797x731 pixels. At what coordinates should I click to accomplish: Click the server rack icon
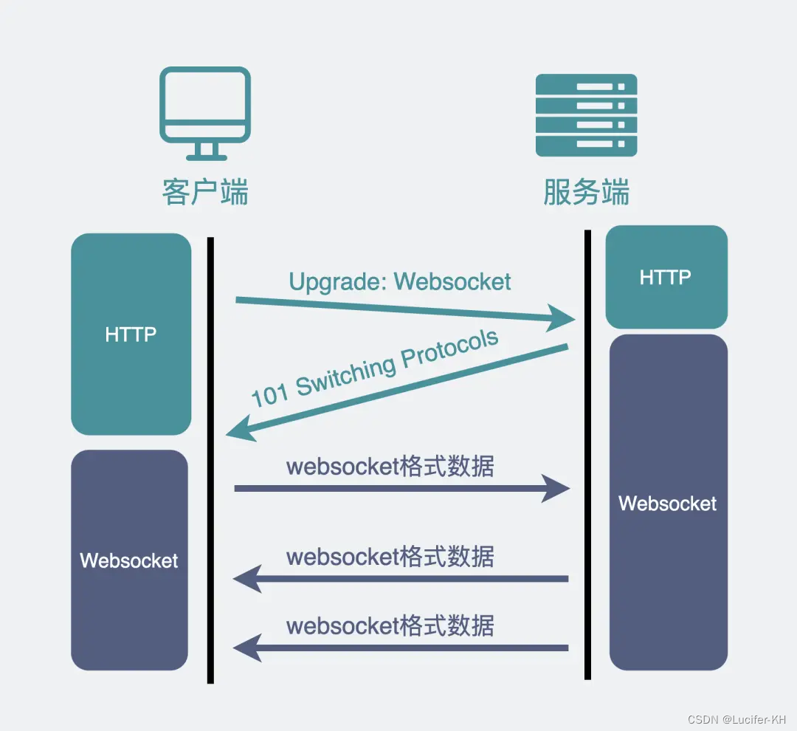(586, 114)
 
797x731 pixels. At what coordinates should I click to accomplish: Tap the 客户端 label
(205, 192)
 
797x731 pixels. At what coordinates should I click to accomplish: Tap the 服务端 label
(586, 192)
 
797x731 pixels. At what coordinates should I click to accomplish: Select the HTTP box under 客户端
(131, 334)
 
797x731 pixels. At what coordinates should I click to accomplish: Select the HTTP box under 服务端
(666, 278)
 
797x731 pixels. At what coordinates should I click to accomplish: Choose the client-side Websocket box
(129, 560)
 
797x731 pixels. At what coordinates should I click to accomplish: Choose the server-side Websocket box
(668, 503)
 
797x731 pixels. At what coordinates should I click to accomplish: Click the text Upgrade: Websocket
(399, 281)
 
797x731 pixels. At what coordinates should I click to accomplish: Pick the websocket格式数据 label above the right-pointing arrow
(390, 467)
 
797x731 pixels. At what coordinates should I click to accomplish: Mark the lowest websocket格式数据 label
(390, 625)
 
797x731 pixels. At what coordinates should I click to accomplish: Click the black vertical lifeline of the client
(210, 458)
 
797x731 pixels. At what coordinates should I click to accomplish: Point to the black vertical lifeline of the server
(587, 454)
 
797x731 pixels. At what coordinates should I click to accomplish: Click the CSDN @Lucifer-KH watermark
(736, 718)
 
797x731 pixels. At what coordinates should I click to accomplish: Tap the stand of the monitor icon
(206, 151)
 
